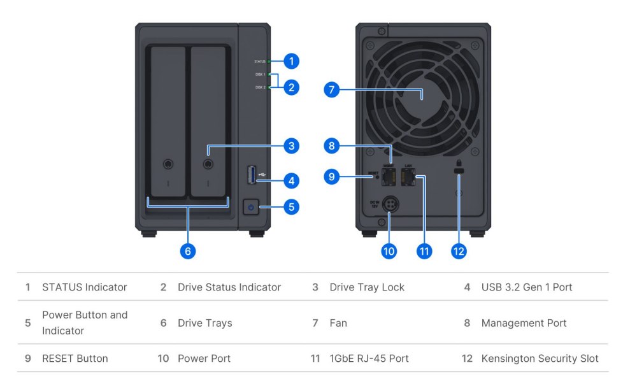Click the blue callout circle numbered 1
click(x=291, y=61)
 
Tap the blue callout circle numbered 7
click(x=331, y=89)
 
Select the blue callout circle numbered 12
click(x=459, y=251)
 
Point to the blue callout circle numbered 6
click(x=187, y=251)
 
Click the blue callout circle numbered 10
click(x=389, y=251)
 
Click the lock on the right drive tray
click(x=208, y=164)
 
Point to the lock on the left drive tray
click(x=168, y=164)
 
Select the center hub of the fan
click(x=422, y=96)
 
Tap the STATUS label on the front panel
click(x=259, y=62)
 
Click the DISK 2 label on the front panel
click(x=260, y=87)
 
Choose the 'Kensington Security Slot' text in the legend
click(x=540, y=359)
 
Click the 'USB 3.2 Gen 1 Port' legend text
click(x=527, y=287)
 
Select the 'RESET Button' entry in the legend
click(x=75, y=359)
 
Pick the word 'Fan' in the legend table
click(x=338, y=323)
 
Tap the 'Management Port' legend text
click(x=524, y=323)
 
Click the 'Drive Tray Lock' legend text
click(x=367, y=287)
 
